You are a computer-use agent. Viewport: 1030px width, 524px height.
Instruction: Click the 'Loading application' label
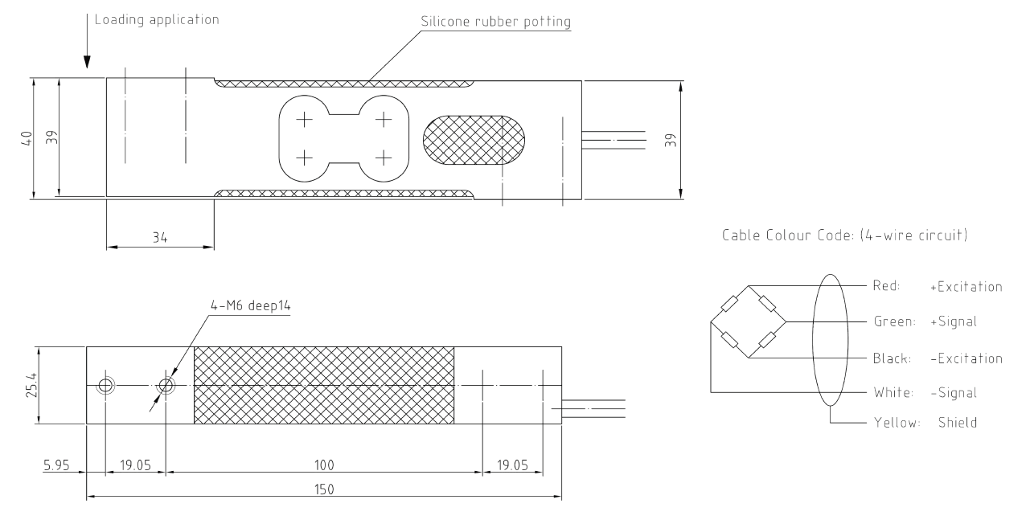pyautogui.click(x=156, y=19)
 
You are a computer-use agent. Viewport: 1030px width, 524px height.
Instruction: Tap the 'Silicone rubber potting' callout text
pyautogui.click(x=494, y=22)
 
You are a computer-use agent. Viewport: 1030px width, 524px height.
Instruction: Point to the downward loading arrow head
pyautogui.click(x=87, y=62)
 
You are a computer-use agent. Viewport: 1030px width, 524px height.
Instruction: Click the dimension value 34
pyautogui.click(x=160, y=238)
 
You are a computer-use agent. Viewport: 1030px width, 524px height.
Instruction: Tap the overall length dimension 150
pyautogui.click(x=324, y=488)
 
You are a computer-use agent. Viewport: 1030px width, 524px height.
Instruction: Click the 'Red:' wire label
pyautogui.click(x=888, y=286)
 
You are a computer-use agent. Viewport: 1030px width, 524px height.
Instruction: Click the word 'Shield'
pyautogui.click(x=957, y=423)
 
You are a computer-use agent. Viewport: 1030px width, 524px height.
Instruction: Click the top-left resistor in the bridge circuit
pyautogui.click(x=729, y=304)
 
